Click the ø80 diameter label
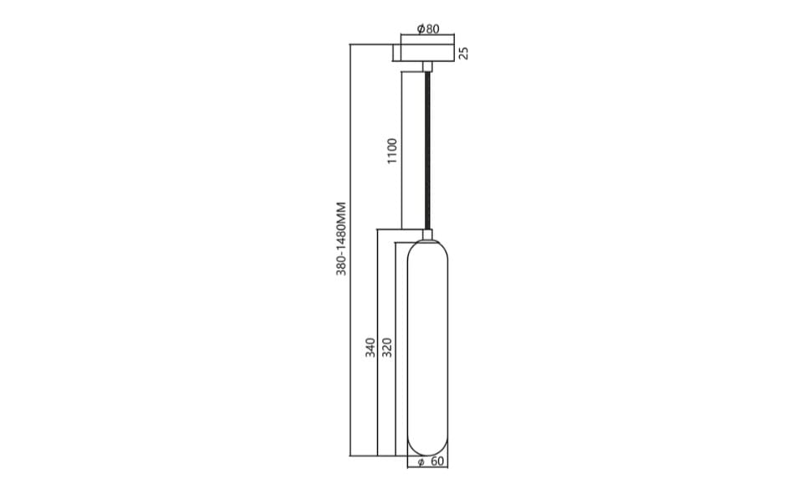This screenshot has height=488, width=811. tap(428, 28)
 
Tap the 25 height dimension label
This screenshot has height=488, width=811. tap(463, 53)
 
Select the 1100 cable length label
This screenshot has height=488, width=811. tap(393, 151)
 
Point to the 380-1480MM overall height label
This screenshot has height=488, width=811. tap(341, 239)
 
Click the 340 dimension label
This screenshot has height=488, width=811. tap(370, 347)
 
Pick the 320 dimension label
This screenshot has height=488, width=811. tap(387, 347)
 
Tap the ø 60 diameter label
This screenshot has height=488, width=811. tap(431, 461)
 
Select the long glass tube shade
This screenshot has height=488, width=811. tap(428, 349)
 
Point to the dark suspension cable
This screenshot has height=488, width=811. tap(428, 150)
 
